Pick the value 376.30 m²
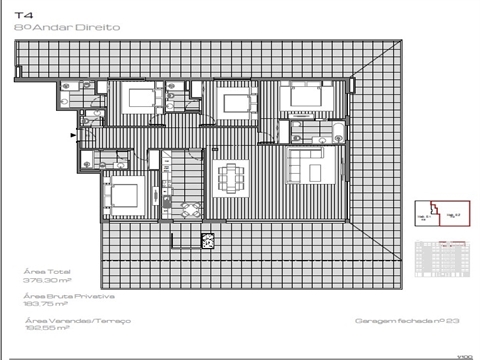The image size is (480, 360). (44, 281)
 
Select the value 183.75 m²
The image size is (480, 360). (44, 306)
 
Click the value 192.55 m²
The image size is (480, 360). (44, 329)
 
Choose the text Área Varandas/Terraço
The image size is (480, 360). (68, 320)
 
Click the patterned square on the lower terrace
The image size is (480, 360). (207, 240)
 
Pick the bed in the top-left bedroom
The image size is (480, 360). (139, 99)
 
